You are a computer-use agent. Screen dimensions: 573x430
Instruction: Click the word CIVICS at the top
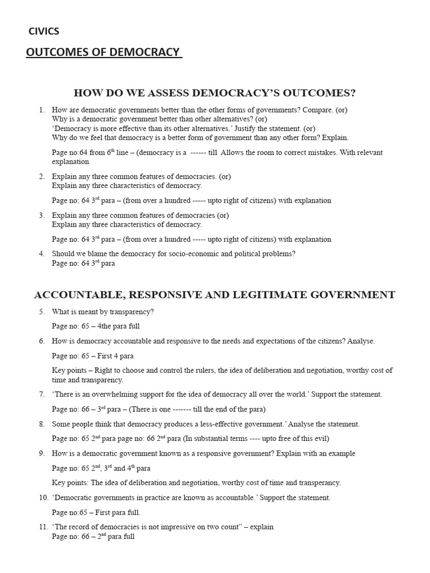click(44, 31)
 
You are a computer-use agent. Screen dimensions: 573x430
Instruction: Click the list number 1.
click(41, 110)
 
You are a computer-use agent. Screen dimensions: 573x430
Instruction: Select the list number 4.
click(41, 253)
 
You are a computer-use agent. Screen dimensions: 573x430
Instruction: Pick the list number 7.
click(41, 394)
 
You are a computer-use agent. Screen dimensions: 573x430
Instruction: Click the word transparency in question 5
click(133, 312)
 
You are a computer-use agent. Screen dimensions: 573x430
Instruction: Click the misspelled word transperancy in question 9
click(319, 482)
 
